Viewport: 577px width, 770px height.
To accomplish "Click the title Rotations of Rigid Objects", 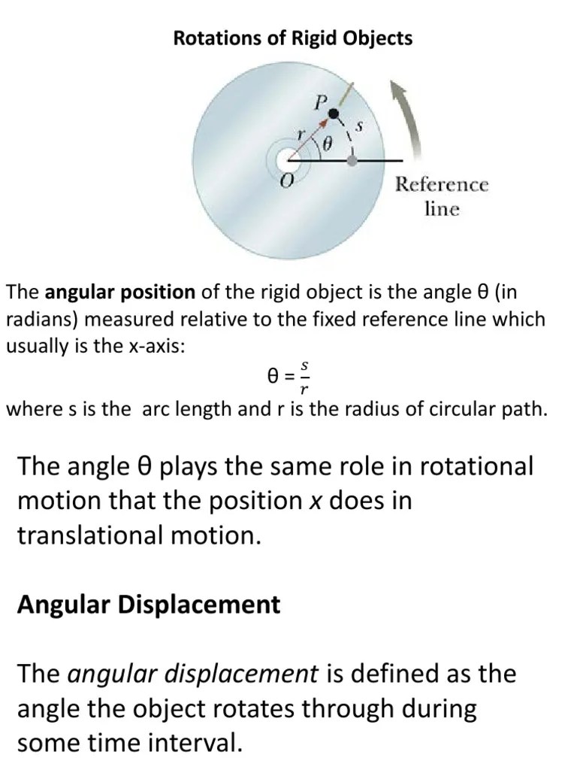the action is click(x=292, y=38).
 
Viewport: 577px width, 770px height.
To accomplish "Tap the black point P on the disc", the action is click(x=334, y=114).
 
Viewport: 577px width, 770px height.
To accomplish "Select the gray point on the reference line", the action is click(x=352, y=160).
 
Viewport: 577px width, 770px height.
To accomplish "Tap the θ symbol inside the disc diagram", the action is click(x=327, y=143).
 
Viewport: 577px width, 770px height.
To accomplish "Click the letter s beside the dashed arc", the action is click(x=359, y=128).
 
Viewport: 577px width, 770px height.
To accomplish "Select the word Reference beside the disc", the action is click(x=442, y=184).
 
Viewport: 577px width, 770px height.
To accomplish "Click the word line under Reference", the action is click(x=442, y=208).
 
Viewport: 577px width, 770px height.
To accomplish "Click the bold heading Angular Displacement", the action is click(x=149, y=605).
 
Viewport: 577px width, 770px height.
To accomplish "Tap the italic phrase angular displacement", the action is click(x=193, y=674).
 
